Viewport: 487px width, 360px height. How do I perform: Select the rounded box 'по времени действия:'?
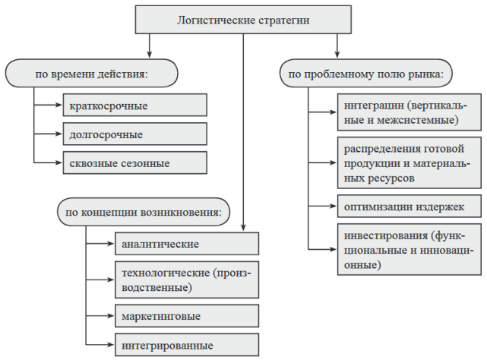click(x=92, y=74)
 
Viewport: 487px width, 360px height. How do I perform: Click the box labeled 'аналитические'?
click(x=186, y=243)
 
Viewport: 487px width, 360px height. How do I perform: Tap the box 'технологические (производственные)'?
click(x=186, y=279)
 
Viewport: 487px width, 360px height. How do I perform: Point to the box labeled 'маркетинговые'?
click(x=186, y=314)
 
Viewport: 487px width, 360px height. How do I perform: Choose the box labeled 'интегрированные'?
click(x=186, y=343)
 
